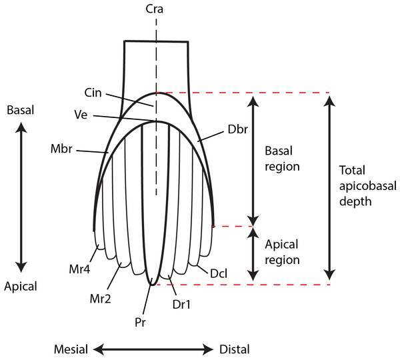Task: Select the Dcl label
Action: click(218, 273)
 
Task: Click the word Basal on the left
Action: click(21, 109)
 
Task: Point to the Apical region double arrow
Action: click(252, 254)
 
